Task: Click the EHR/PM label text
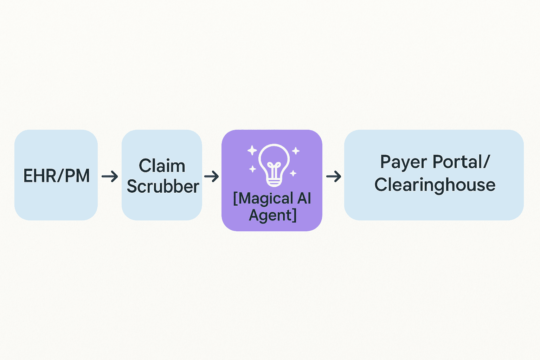point(56,175)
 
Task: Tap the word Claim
point(162,166)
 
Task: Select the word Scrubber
point(163,186)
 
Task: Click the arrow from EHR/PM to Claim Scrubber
point(110,176)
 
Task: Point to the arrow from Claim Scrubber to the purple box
point(211,176)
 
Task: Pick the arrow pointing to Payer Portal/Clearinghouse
point(334,176)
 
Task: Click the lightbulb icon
point(274,166)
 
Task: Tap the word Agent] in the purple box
point(273,215)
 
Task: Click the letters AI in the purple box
point(304,198)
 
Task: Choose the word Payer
point(404,162)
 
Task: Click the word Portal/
point(461,161)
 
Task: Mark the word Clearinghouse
point(435,185)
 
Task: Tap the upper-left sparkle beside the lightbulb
point(252,150)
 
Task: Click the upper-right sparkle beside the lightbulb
point(296,151)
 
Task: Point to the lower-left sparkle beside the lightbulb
point(253,169)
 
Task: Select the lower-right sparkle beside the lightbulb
point(293,173)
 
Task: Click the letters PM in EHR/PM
point(77,175)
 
